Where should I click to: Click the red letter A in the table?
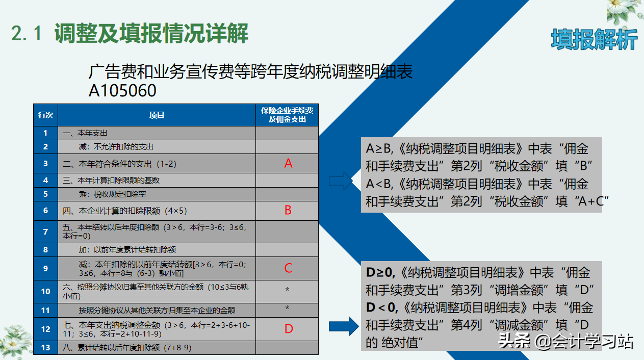(288, 164)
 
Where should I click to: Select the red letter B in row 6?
(288, 210)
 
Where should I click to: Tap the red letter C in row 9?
(288, 268)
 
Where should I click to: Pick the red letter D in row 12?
(289, 328)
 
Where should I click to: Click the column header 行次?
(45, 115)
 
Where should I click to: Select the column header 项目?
(157, 115)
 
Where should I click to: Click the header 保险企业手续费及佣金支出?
(287, 115)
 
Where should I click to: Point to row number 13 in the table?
(45, 348)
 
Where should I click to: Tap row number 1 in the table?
(45, 133)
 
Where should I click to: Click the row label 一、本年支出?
(85, 133)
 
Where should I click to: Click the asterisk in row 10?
(288, 291)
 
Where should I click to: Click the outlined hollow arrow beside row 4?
(341, 180)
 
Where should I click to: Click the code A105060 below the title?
(122, 90)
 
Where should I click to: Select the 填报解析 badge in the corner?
(594, 39)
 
